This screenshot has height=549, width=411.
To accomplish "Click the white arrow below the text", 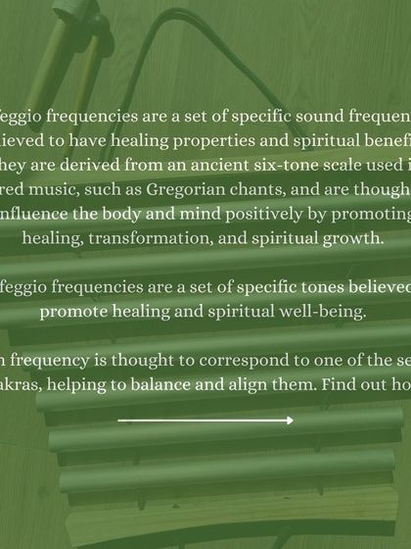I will click(x=205, y=421).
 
